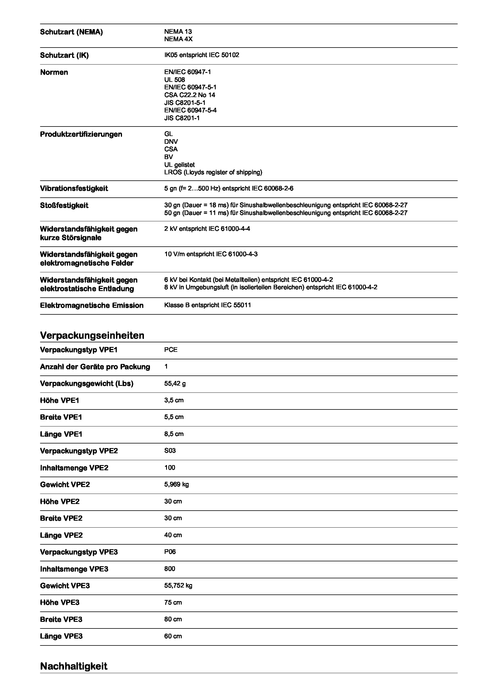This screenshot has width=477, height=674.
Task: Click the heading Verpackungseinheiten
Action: [x=92, y=335]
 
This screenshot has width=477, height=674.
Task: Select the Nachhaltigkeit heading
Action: [x=74, y=666]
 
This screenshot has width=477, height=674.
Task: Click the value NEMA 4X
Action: [x=178, y=39]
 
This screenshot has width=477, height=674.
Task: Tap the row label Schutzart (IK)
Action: [x=64, y=56]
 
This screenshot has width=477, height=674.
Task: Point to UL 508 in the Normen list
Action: [x=174, y=80]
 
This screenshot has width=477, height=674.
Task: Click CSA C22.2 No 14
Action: [x=189, y=95]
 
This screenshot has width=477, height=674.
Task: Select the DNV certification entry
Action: [x=171, y=141]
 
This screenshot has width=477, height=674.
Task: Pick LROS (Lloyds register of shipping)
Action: [x=213, y=172]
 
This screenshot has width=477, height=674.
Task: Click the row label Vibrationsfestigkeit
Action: [x=74, y=188]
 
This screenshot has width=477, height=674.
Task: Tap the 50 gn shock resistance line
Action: [x=286, y=213]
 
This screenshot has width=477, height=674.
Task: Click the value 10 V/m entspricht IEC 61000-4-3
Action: [x=211, y=254]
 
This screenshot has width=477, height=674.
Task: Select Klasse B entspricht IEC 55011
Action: [x=207, y=305]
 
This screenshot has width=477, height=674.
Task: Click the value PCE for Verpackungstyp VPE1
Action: [x=171, y=350]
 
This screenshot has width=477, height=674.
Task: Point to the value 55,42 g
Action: [x=175, y=383]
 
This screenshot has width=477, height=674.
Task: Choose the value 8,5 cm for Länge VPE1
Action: [x=174, y=434]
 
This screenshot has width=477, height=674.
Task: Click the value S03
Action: [x=170, y=451]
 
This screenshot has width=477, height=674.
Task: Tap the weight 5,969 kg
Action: [x=176, y=484]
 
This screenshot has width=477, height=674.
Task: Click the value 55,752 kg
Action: [x=178, y=586]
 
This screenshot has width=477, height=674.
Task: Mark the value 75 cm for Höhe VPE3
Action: [x=173, y=602]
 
